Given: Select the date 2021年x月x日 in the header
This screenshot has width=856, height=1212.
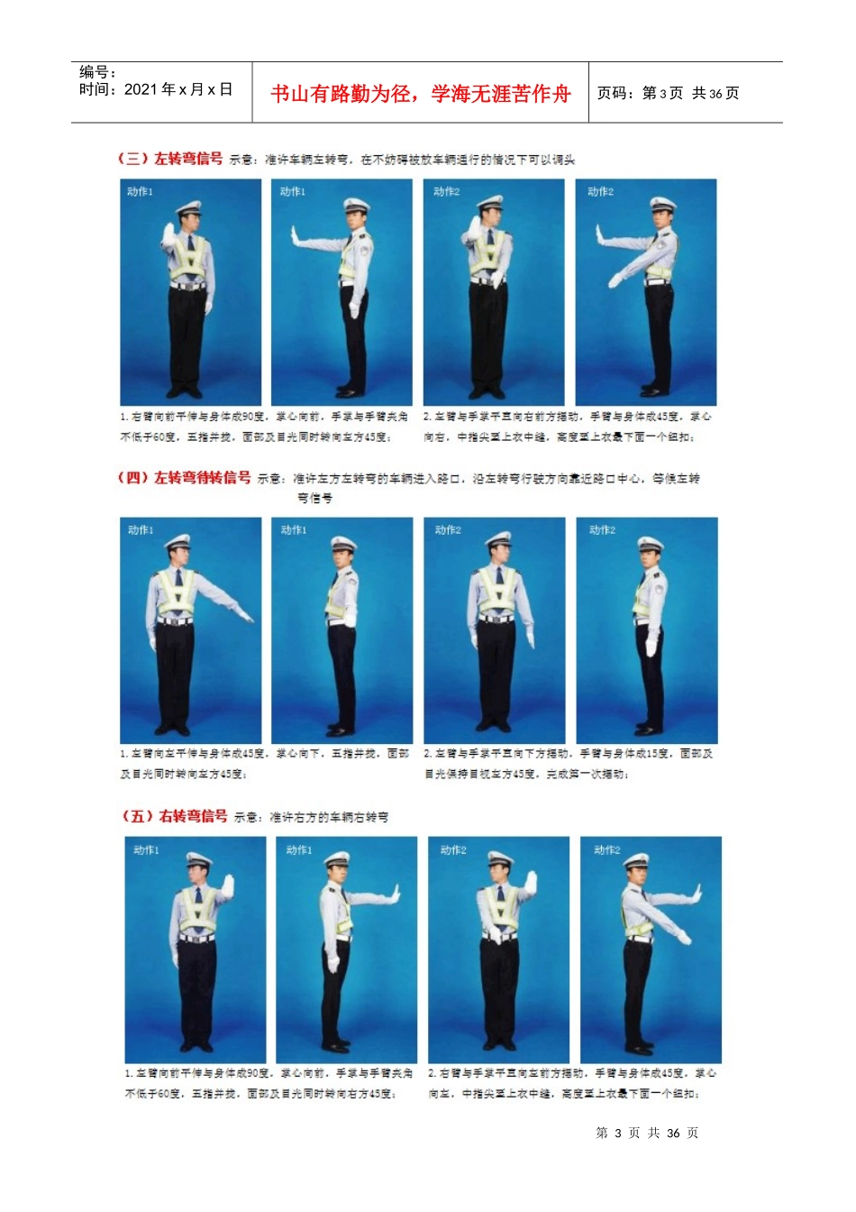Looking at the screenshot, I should [155, 89].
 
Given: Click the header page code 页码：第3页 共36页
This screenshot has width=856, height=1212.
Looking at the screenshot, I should [668, 94].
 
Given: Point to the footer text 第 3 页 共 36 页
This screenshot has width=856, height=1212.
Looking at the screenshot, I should [647, 1133].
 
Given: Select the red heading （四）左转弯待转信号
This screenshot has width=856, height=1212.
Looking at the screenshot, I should [184, 478].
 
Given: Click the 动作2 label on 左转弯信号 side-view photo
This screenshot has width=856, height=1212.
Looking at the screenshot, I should [600, 192].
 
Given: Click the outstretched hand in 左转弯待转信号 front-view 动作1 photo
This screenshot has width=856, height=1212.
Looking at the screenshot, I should [244, 616].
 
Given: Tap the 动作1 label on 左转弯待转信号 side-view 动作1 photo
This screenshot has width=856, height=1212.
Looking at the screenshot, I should [294, 530].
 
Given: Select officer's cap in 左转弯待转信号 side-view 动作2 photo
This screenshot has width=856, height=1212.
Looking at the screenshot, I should [651, 545].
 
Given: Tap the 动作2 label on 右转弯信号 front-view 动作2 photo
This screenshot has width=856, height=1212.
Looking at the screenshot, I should [453, 850].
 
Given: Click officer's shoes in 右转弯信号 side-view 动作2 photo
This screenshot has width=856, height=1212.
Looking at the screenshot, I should [642, 1050].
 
